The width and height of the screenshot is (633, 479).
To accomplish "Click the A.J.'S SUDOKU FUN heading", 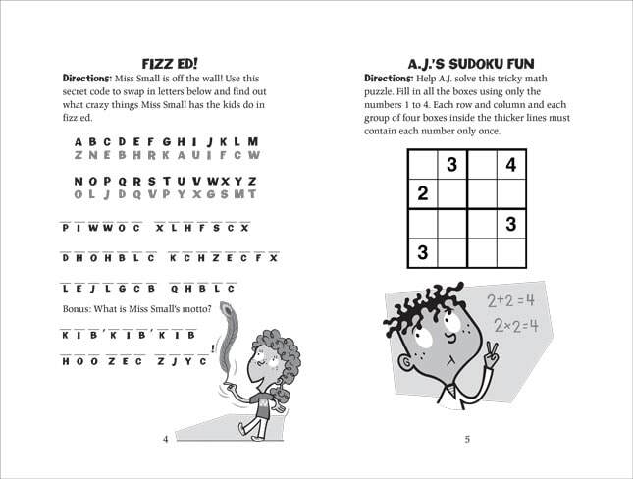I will coord(467,61).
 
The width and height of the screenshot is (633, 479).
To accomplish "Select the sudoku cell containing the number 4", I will coord(510,165).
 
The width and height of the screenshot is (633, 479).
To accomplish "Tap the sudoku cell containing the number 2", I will coord(423,193).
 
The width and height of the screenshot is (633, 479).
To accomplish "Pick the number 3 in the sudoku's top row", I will coord(451,165).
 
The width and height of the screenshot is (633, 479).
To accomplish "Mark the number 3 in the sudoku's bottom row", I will coord(423,253).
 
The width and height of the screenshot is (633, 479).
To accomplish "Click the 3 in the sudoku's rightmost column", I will coord(510,224).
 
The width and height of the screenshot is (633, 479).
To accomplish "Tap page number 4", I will coord(166,439).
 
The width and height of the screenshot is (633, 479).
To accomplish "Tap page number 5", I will coord(467,439).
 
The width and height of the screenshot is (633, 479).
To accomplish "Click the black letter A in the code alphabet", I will coord(79,141).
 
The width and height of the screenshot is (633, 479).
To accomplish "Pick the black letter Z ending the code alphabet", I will coord(252,182).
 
